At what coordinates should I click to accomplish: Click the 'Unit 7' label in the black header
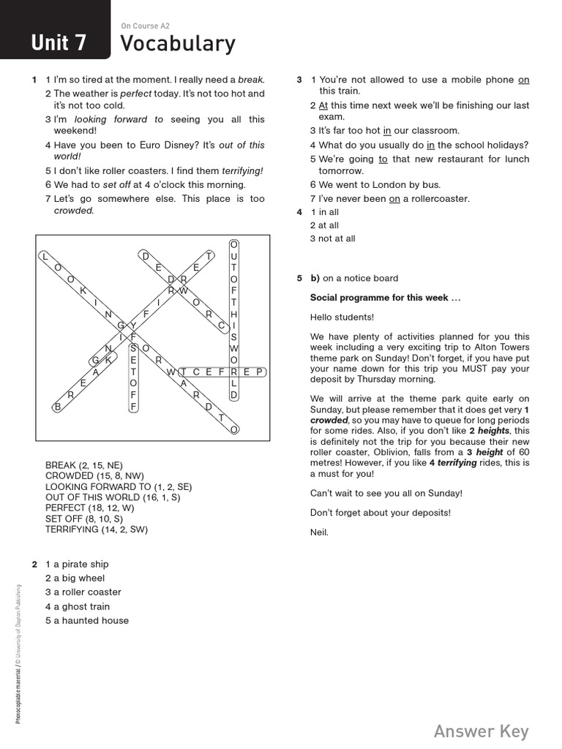59,43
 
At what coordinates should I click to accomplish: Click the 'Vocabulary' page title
178,44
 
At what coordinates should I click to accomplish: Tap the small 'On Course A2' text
145,26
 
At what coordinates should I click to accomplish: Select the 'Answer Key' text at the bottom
481,731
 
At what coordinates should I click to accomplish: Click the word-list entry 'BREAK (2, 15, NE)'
84,465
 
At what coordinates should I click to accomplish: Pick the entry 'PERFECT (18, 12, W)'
91,508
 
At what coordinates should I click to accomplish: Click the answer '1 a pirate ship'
77,564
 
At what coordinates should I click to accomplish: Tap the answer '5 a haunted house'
86,620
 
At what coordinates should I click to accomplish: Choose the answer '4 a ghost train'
78,606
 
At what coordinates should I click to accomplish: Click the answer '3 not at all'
332,238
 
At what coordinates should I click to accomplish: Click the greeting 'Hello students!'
342,317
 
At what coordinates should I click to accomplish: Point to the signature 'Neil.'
320,532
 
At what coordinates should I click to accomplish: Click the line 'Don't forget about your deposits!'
381,512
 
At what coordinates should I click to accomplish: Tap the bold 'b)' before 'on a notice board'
315,278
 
